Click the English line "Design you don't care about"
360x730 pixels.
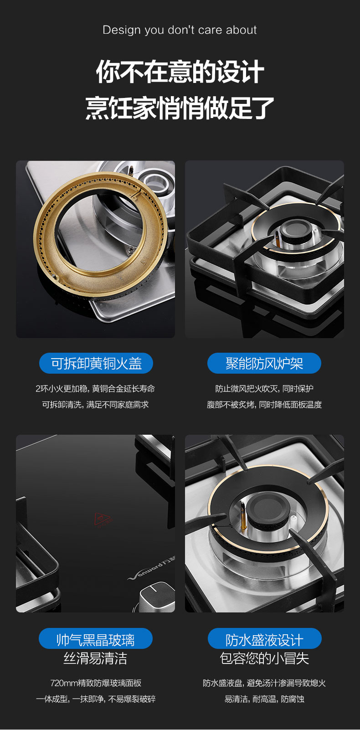(180, 30)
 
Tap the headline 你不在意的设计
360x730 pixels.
(180, 72)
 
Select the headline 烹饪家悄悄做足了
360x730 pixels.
(180, 108)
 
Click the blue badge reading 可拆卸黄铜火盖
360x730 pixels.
(96, 363)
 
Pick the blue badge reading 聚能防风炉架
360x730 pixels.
(264, 363)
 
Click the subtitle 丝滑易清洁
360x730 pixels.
(95, 658)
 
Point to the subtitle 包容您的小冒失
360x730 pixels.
(264, 658)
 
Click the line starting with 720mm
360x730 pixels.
(96, 683)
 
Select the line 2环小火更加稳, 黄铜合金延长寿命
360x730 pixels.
(95, 388)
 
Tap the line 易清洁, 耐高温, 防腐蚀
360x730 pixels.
(264, 699)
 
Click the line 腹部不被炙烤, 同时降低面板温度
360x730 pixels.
(264, 405)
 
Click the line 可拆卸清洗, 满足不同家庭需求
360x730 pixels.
(95, 405)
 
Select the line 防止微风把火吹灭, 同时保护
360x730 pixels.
(264, 388)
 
